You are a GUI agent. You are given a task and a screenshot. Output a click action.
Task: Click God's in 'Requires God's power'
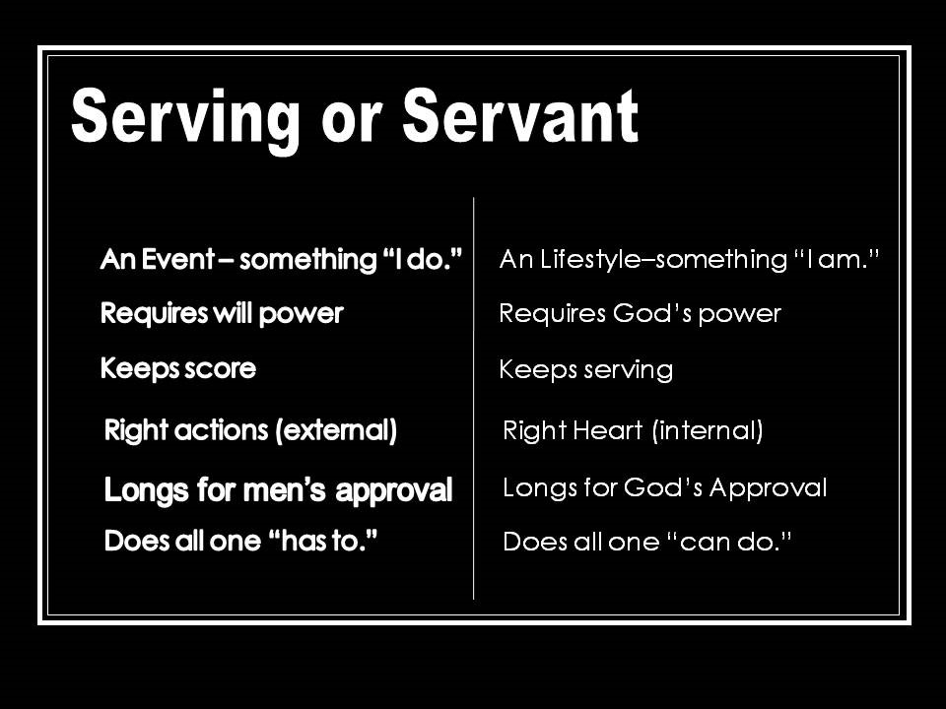[x=657, y=314]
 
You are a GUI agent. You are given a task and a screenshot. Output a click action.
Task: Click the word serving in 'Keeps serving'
[x=626, y=370]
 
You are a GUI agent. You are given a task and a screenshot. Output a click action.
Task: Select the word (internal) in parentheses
[x=708, y=430]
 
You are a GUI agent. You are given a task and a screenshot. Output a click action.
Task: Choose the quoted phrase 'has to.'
[x=323, y=543]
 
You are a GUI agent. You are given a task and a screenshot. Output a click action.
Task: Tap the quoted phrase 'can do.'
[x=733, y=542]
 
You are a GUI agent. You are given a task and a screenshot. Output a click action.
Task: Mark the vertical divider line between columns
[x=474, y=394]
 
